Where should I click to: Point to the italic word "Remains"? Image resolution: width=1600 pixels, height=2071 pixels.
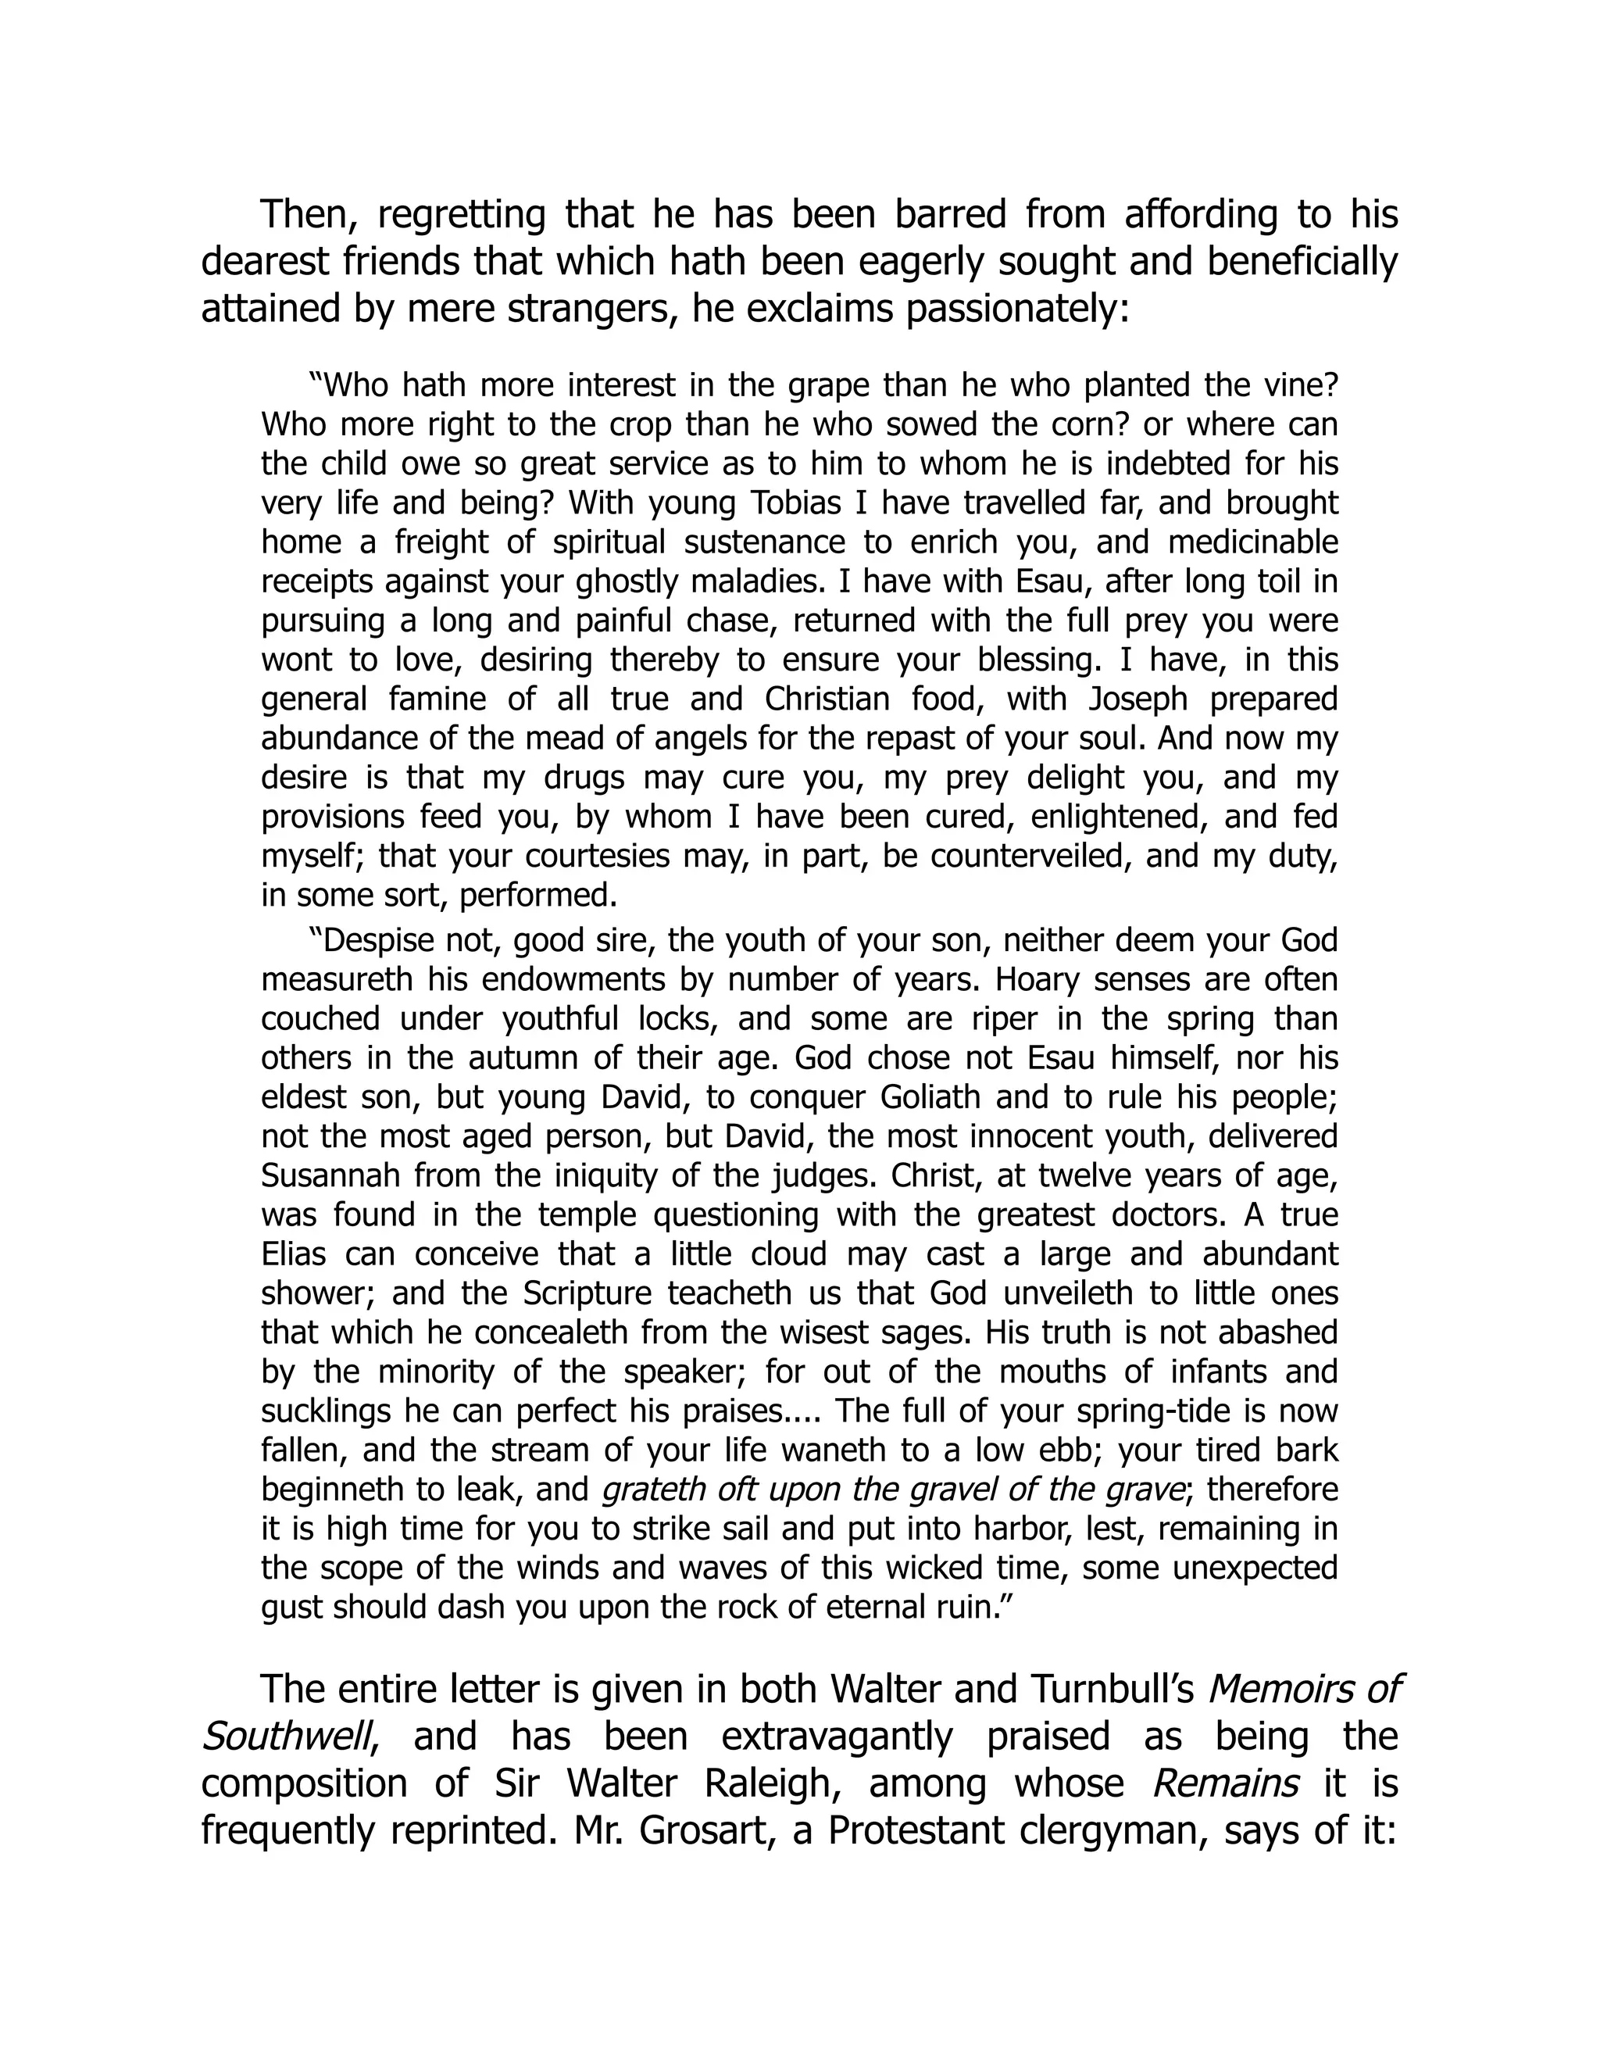(1226, 1783)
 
